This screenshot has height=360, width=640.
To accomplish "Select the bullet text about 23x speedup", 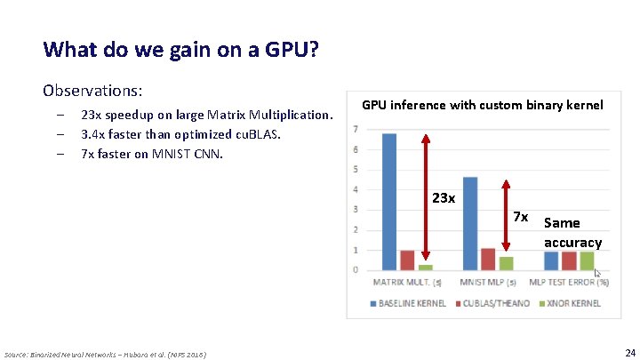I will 206,115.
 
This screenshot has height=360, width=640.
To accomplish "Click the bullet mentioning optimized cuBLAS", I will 180,134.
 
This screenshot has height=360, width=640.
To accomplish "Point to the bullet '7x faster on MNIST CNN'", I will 151,153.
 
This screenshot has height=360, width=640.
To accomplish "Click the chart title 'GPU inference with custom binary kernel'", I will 482,105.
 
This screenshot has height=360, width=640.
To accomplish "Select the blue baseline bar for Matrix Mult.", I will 388,201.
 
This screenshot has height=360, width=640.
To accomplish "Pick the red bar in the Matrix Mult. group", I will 407,260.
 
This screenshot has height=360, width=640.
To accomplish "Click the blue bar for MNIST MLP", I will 470,222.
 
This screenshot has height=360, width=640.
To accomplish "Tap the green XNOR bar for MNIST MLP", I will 506,263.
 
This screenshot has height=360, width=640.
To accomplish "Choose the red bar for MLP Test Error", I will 569,260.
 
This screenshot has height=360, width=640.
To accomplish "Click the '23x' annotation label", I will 443,197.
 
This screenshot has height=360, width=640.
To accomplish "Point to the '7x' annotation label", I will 521,217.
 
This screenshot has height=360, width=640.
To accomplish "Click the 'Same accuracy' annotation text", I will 572,232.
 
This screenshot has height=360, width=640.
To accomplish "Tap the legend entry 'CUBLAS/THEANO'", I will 494,303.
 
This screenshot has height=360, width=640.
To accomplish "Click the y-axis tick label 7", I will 356,129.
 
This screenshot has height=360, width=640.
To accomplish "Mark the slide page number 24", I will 629,352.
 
